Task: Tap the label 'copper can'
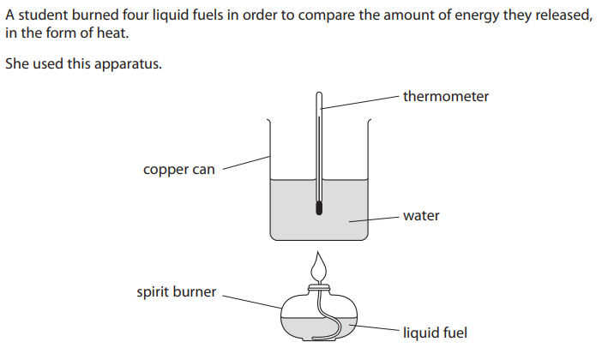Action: click(178, 170)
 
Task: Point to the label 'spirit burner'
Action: click(176, 292)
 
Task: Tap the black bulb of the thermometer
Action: click(320, 207)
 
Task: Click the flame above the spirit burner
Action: click(320, 267)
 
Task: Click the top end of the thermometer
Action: click(320, 94)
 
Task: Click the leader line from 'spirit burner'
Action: click(253, 300)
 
